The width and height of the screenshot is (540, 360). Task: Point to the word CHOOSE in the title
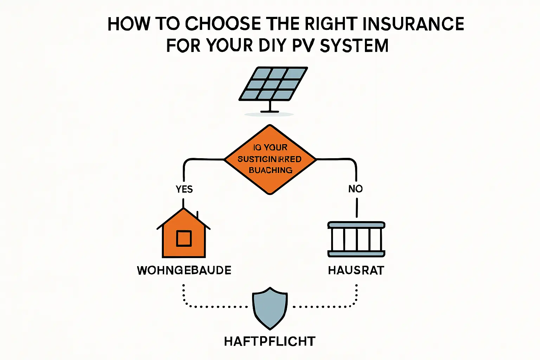pyautogui.click(x=223, y=24)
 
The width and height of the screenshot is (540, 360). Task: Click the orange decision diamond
pyautogui.click(x=270, y=159)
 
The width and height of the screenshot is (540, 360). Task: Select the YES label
pyautogui.click(x=184, y=189)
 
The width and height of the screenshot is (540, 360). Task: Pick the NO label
pyautogui.click(x=355, y=189)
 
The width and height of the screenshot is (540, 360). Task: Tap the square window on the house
pyautogui.click(x=184, y=239)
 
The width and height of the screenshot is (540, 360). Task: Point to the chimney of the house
pyautogui.click(x=197, y=215)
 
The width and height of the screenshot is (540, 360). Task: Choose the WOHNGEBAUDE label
pyautogui.click(x=184, y=270)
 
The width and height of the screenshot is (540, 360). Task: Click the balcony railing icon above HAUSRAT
pyautogui.click(x=356, y=239)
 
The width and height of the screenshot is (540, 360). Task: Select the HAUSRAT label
pyautogui.click(x=356, y=270)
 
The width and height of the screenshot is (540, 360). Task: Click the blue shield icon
pyautogui.click(x=270, y=308)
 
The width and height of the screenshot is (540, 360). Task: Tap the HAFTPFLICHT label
pyautogui.click(x=270, y=341)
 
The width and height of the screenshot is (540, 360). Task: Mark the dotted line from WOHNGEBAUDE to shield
pyautogui.click(x=211, y=307)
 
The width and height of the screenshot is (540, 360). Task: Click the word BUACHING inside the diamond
pyautogui.click(x=270, y=170)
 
